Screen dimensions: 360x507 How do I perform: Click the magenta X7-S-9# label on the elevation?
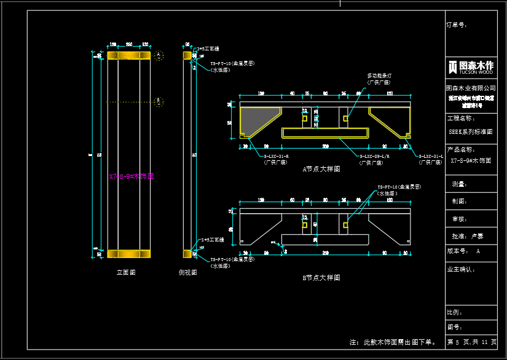pos(131,176)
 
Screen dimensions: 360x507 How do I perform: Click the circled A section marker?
pos(158,55)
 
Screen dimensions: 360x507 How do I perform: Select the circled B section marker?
pos(158,101)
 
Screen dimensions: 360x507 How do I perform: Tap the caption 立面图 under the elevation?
pos(126,272)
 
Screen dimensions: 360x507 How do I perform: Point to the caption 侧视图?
pos(187,272)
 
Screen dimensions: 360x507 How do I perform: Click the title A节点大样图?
pos(321,169)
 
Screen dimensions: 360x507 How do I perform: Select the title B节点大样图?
pos(321,278)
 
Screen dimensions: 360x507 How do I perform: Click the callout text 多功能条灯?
pos(379,76)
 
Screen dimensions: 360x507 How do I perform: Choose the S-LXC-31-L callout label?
pos(431,157)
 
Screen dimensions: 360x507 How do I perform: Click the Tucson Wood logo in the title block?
pos(471,67)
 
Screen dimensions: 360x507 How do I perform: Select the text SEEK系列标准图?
pos(471,131)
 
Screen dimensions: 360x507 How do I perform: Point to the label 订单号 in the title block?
pos(457,25)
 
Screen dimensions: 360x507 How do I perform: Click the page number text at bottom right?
pos(471,342)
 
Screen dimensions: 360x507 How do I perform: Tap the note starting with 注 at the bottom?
pos(393,342)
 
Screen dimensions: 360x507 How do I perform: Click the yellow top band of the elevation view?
pos(129,55)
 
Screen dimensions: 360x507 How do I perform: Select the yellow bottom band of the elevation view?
pos(129,254)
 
